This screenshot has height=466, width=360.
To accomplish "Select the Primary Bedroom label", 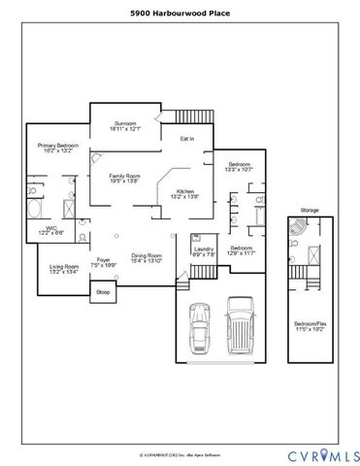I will [57, 146].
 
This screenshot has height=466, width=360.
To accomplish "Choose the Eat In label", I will [187, 139].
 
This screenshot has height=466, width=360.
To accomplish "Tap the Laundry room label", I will [203, 251].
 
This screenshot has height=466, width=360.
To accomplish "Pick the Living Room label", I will [65, 269].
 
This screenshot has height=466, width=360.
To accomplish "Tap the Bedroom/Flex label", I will [312, 326].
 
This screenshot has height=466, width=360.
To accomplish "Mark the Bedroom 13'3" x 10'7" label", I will [239, 167].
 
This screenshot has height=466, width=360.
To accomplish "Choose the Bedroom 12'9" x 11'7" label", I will [240, 251].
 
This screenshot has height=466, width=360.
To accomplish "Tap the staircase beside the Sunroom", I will [194, 116].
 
